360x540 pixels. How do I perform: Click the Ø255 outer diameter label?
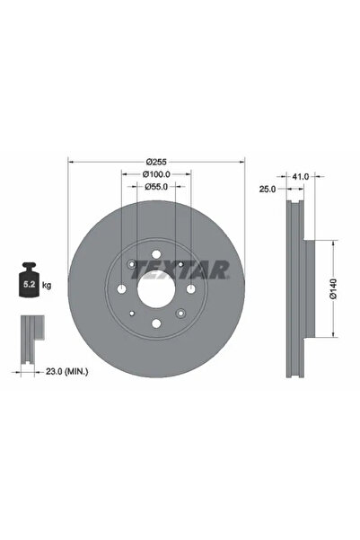[x=156, y=162]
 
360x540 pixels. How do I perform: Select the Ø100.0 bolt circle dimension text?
[x=156, y=175]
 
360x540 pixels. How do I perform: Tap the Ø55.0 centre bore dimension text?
[x=156, y=188]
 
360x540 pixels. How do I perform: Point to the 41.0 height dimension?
[x=301, y=177]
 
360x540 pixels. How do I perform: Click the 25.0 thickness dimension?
[x=266, y=189]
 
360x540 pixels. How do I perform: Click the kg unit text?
[x=47, y=285]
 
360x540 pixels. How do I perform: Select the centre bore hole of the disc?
[x=156, y=289]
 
